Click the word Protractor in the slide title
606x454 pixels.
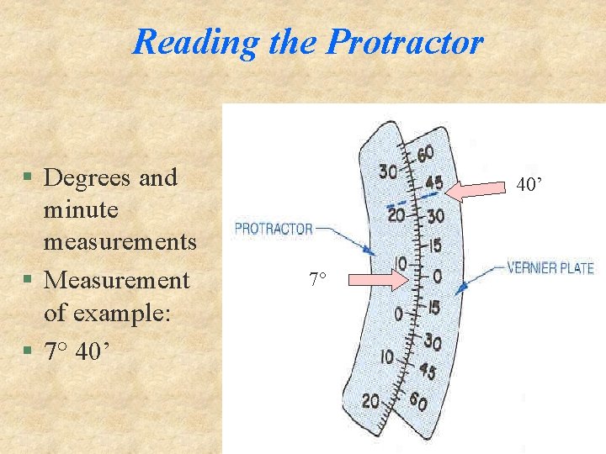(404, 41)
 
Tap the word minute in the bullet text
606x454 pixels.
(81, 210)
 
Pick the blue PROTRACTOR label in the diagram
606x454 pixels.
(274, 228)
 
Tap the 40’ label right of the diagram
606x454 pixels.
(529, 185)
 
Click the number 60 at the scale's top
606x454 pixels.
(425, 155)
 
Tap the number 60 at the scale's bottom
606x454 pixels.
(418, 403)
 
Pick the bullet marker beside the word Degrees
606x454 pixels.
(28, 178)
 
